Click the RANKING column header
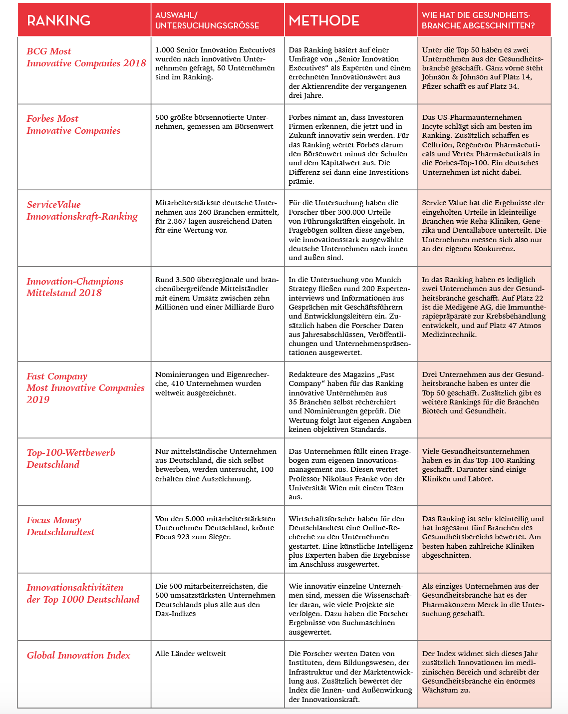pyautogui.click(x=58, y=20)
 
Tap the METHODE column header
pyautogui.click(x=324, y=20)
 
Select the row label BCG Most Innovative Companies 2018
pyautogui.click(x=86, y=57)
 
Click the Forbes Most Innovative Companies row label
pyautogui.click(x=73, y=124)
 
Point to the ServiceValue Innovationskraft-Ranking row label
pyautogui.click(x=82, y=210)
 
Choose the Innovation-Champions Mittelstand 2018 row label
pyautogui.click(x=75, y=287)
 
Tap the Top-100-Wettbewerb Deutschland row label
pyautogui.click(x=70, y=458)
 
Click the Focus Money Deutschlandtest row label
pyautogui.click(x=60, y=526)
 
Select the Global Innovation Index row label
pyautogui.click(x=78, y=655)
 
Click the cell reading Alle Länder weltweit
pyautogui.click(x=190, y=654)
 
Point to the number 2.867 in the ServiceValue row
pyautogui.click(x=179, y=221)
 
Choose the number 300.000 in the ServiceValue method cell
pyautogui.click(x=359, y=212)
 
